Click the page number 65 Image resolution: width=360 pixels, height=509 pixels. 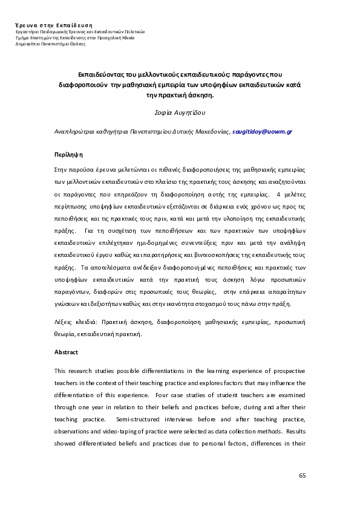coord(303,476)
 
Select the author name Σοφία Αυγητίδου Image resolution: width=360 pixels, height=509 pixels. coord(180,112)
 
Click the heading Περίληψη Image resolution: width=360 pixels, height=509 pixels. coord(68,154)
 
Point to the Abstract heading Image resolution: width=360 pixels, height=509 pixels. coord(66,352)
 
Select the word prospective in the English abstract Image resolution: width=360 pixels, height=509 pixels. coord(286,370)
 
